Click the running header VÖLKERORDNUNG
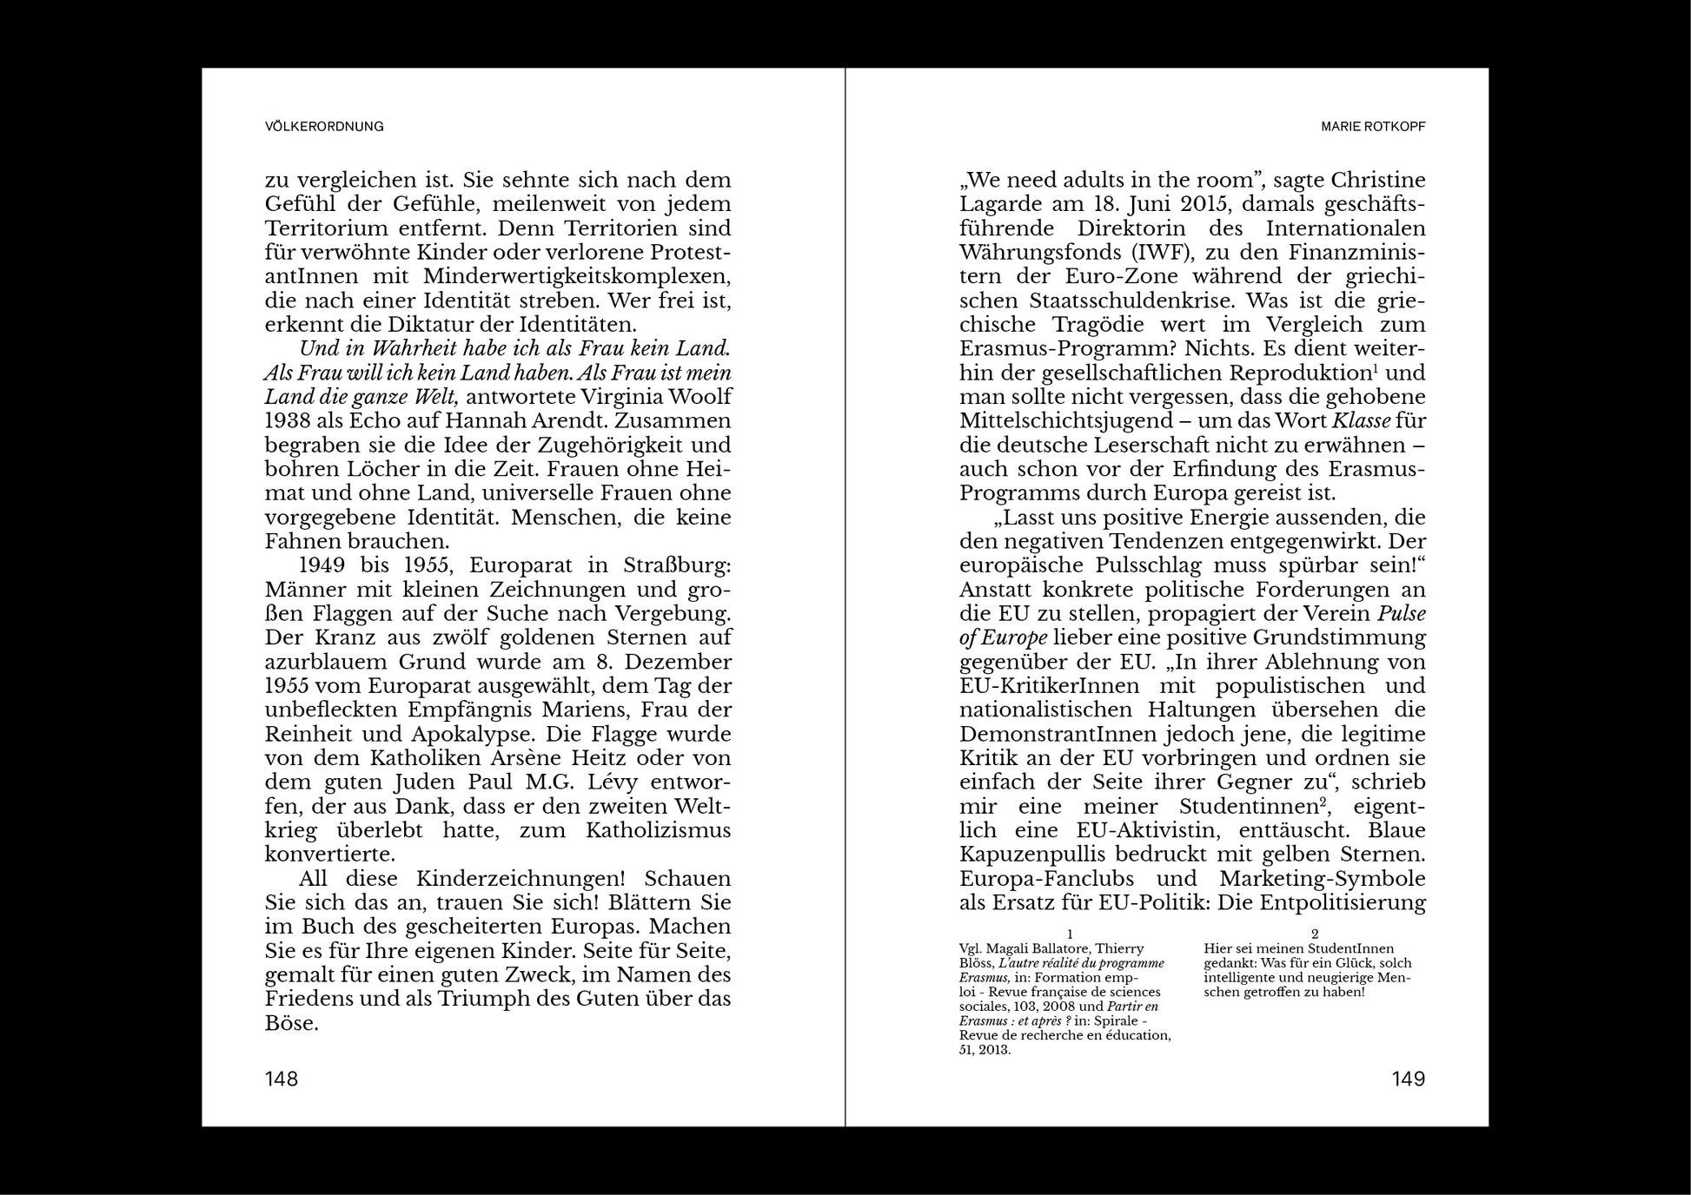pyautogui.click(x=324, y=127)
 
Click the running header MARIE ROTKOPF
pyautogui.click(x=1373, y=127)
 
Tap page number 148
pyautogui.click(x=282, y=1079)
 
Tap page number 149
pyautogui.click(x=1408, y=1079)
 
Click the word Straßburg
pyautogui.click(x=677, y=565)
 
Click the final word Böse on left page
pyautogui.click(x=291, y=1023)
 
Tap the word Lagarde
pyautogui.click(x=1008, y=204)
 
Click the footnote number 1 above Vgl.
pyautogui.click(x=1070, y=934)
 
